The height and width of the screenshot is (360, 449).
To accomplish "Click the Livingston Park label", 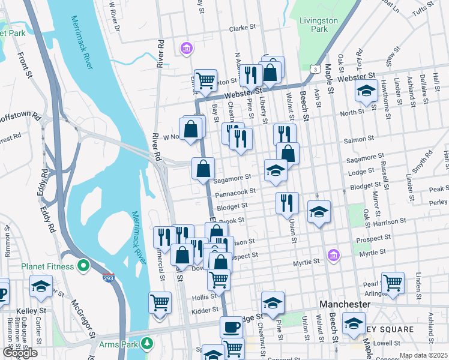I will pos(318,25).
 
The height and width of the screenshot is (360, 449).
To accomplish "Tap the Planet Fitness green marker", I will pos(84,266).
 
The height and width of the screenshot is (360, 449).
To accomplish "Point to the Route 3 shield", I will pos(314,70).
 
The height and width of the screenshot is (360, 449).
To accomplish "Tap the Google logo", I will pos(19,353).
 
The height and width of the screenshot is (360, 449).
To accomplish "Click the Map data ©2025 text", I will pos(423,355).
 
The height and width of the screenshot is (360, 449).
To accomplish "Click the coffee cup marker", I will pos(231,327).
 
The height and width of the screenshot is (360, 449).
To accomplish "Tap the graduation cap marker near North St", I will pos(366,92).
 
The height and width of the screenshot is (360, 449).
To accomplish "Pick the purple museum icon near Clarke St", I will pos(187,47).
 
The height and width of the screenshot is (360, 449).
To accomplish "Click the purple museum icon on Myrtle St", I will pos(333,256).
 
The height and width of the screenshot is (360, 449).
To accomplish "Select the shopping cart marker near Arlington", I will pos(393,283).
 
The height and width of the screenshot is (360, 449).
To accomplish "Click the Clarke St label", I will pos(243,28).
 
